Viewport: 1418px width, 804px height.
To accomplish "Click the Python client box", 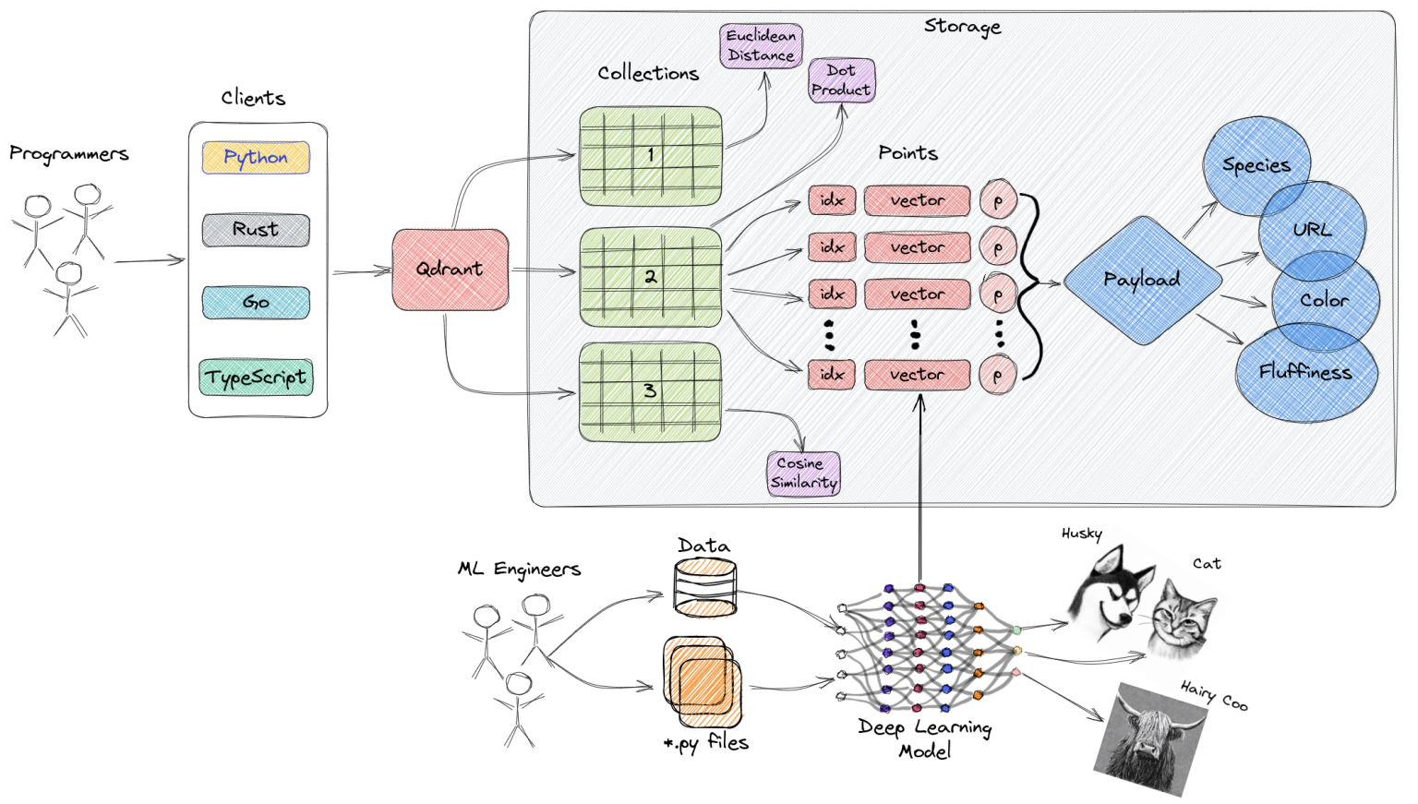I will [256, 158].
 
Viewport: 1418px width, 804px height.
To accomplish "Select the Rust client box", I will [256, 230].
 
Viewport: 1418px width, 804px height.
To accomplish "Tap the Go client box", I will [256, 303].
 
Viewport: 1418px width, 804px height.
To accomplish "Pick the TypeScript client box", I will [256, 378].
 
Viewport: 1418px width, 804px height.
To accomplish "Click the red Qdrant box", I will [450, 270].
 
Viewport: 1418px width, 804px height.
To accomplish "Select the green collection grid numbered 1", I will [650, 156].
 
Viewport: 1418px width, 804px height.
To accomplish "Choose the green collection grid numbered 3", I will [650, 391].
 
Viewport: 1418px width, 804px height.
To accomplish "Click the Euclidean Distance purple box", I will [761, 46].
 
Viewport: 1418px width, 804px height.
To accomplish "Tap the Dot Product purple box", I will [841, 80].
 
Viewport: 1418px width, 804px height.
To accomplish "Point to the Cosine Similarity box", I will [803, 474].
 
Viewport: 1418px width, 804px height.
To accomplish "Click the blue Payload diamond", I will [1142, 280].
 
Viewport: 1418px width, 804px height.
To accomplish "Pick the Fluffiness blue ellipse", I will [1305, 373].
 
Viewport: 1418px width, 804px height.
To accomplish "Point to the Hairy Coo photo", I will [1151, 739].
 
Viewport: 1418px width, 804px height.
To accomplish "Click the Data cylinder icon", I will [705, 588].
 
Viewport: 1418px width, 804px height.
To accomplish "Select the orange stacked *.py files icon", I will [702, 682].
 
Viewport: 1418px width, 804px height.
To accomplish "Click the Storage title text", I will [962, 27].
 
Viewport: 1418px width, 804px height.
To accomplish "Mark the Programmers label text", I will [69, 154].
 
